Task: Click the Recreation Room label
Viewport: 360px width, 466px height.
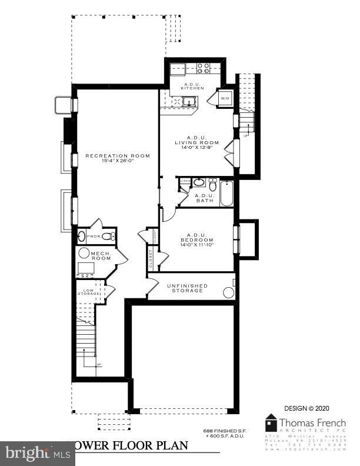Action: pos(117,156)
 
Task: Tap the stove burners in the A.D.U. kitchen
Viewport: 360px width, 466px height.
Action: pos(204,68)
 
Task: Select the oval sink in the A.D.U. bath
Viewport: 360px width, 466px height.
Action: pos(198,182)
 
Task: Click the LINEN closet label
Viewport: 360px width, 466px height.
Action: pos(184,181)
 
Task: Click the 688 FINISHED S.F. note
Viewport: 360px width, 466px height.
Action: pos(225,431)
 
